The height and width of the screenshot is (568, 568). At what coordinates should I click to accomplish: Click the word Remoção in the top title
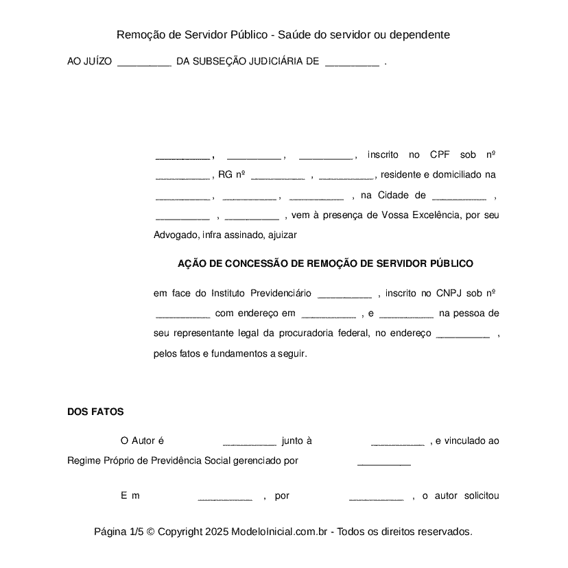click(x=140, y=34)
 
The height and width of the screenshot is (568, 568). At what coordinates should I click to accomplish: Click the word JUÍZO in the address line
click(x=97, y=61)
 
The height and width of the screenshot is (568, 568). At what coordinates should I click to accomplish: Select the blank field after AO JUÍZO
click(x=144, y=62)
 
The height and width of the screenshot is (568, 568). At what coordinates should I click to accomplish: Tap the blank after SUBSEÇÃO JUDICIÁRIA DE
click(x=351, y=62)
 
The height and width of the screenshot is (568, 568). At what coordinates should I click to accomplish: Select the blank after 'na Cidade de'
click(x=459, y=196)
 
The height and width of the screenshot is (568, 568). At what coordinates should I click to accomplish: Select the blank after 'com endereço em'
click(x=329, y=314)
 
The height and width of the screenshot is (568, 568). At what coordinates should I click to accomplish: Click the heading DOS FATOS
click(x=95, y=412)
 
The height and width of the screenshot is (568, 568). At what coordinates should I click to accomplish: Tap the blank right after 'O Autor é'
click(x=249, y=441)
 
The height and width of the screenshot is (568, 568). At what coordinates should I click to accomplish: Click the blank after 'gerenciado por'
click(x=383, y=461)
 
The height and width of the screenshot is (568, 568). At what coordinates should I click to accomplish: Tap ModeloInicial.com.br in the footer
click(x=281, y=532)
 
